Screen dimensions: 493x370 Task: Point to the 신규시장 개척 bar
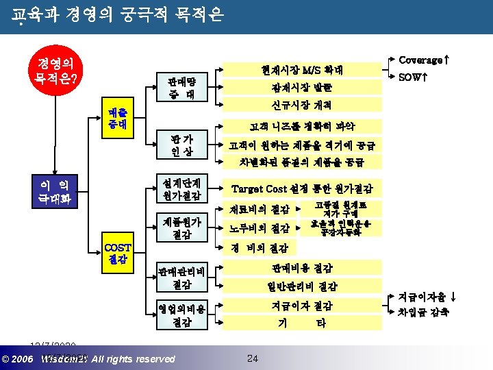(x=302, y=106)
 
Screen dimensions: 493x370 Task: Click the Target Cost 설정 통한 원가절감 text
(x=302, y=188)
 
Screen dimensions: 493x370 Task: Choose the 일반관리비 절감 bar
(x=302, y=286)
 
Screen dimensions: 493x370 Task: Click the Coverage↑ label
(x=424, y=60)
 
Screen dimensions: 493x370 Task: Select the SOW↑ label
(x=413, y=78)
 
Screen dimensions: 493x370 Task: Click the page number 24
(x=252, y=358)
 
